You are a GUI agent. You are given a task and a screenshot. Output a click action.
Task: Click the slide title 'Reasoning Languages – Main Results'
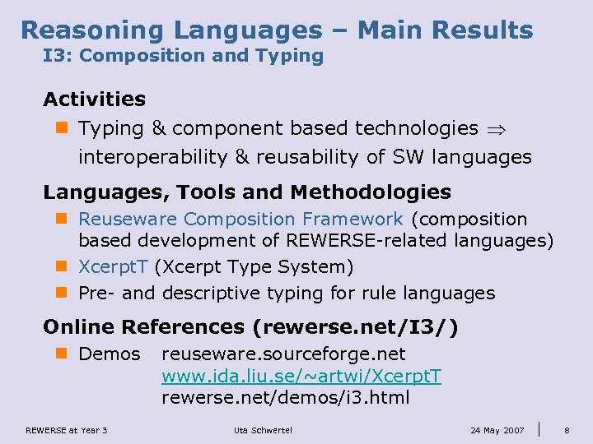point(277,30)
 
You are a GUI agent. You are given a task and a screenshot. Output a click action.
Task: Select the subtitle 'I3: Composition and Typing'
point(183,56)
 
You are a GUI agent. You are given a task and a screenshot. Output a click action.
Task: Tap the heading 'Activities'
point(94,99)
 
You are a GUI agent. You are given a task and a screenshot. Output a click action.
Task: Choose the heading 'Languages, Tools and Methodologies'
point(247,192)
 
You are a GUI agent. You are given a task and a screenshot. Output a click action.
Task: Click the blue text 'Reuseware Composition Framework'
point(240,220)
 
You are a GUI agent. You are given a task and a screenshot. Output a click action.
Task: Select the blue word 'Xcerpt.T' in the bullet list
point(113,267)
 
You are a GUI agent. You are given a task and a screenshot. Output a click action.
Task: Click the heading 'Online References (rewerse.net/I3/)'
point(250,327)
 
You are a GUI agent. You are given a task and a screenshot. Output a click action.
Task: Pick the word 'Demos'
point(109,354)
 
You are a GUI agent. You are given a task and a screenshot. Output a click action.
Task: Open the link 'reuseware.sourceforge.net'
point(283,354)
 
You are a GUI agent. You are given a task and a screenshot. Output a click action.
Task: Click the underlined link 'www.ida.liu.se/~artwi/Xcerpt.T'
point(301,377)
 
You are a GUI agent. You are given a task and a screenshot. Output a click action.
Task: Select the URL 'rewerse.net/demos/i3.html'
point(286,399)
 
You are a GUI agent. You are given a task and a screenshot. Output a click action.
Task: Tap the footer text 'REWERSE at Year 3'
point(67,430)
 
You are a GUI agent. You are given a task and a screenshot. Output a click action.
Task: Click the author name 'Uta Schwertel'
point(263,430)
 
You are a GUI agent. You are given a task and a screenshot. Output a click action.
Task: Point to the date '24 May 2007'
point(497,430)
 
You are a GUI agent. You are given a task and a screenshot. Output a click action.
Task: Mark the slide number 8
point(567,430)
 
